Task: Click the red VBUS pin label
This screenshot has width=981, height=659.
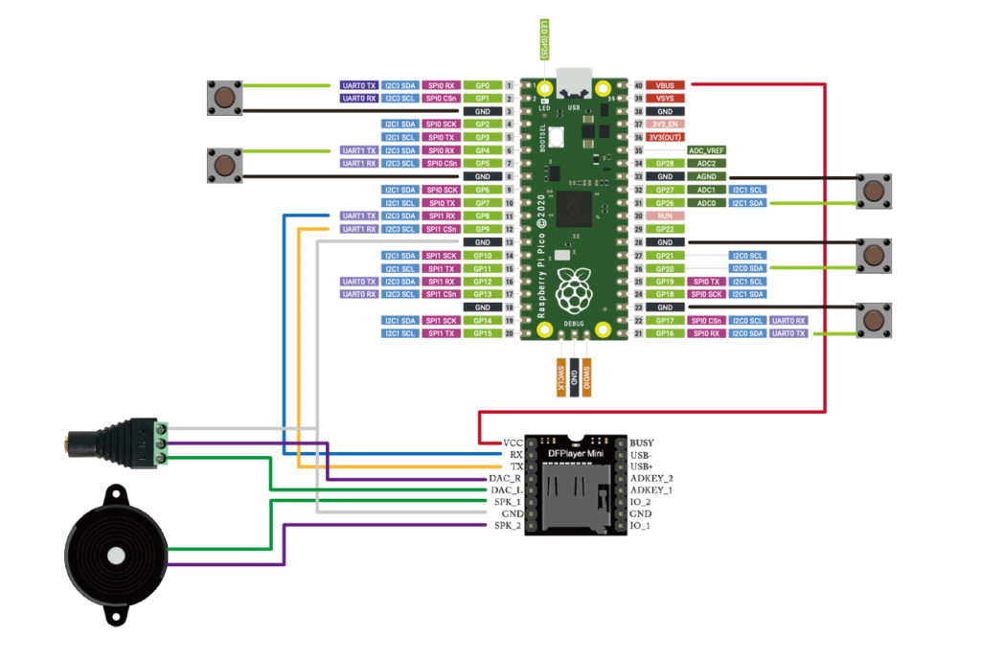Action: (x=666, y=85)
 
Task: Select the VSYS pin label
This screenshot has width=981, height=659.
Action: (x=666, y=99)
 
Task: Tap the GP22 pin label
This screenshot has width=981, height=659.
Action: (x=666, y=229)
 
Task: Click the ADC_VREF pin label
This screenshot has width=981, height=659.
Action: (x=707, y=150)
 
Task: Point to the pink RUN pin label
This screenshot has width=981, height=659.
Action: (x=666, y=216)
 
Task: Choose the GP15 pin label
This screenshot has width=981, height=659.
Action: (x=483, y=333)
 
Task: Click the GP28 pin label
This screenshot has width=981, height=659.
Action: (x=666, y=164)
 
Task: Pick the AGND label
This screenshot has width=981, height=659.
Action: (x=707, y=176)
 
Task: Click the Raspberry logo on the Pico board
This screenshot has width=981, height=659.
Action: (x=575, y=291)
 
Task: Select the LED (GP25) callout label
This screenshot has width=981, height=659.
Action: (x=544, y=40)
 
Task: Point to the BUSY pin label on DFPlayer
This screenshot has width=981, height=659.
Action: (x=643, y=443)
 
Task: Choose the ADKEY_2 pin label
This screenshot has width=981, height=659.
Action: (x=651, y=477)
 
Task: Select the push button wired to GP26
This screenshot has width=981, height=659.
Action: (x=873, y=191)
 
